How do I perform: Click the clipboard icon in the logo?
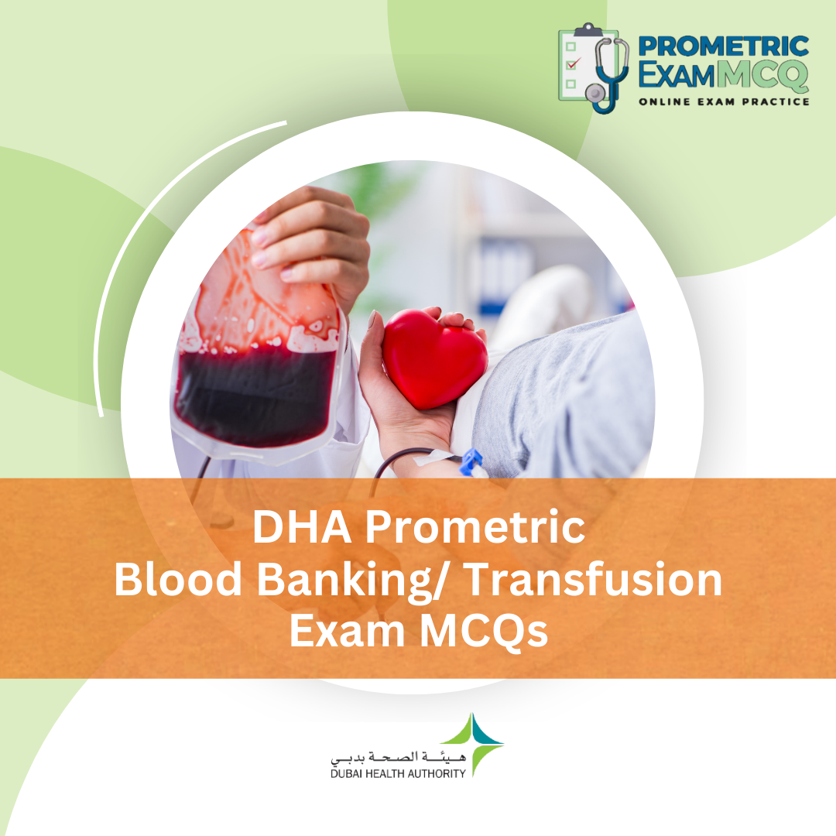pos(577,65)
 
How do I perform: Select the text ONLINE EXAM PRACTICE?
pos(723,101)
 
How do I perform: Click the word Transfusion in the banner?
pos(595,581)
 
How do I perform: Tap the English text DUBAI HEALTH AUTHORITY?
pos(398,773)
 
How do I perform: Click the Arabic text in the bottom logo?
pos(398,755)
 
